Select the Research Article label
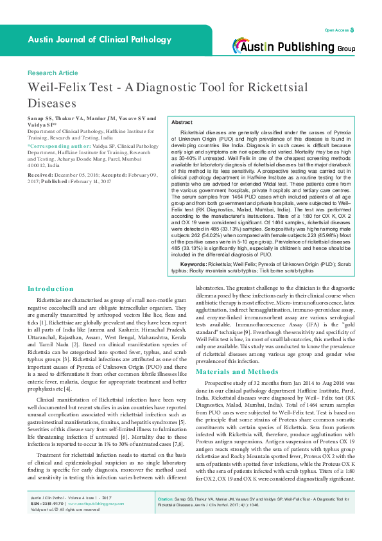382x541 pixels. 53,73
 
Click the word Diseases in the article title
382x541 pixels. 51,103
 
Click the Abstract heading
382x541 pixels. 182,122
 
